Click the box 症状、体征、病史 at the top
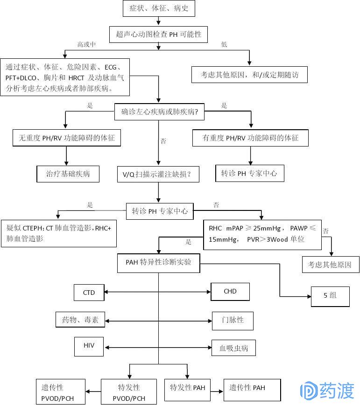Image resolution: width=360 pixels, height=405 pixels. [x=159, y=8]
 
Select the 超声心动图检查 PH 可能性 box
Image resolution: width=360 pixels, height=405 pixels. [x=159, y=34]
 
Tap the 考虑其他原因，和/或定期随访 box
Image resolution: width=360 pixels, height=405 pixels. [x=249, y=75]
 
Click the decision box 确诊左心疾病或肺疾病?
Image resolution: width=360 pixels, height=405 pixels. [x=159, y=112]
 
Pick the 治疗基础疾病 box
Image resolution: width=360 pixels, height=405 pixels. [x=68, y=174]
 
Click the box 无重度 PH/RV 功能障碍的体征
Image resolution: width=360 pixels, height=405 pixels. [x=66, y=138]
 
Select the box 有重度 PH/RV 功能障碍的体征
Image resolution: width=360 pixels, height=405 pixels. [x=250, y=138]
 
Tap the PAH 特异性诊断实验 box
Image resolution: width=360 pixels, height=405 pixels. [x=159, y=262]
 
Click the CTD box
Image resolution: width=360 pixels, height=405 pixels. [x=89, y=293]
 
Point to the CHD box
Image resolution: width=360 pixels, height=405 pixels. [x=230, y=292]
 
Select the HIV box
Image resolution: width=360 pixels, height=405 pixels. [x=89, y=346]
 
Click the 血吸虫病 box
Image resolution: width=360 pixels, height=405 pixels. [x=233, y=348]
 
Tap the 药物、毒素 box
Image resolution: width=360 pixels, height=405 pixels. [x=80, y=321]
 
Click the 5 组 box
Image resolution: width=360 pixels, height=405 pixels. [x=330, y=296]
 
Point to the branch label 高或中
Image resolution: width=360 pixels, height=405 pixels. [x=86, y=44]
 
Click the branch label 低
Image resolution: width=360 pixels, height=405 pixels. [x=224, y=44]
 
